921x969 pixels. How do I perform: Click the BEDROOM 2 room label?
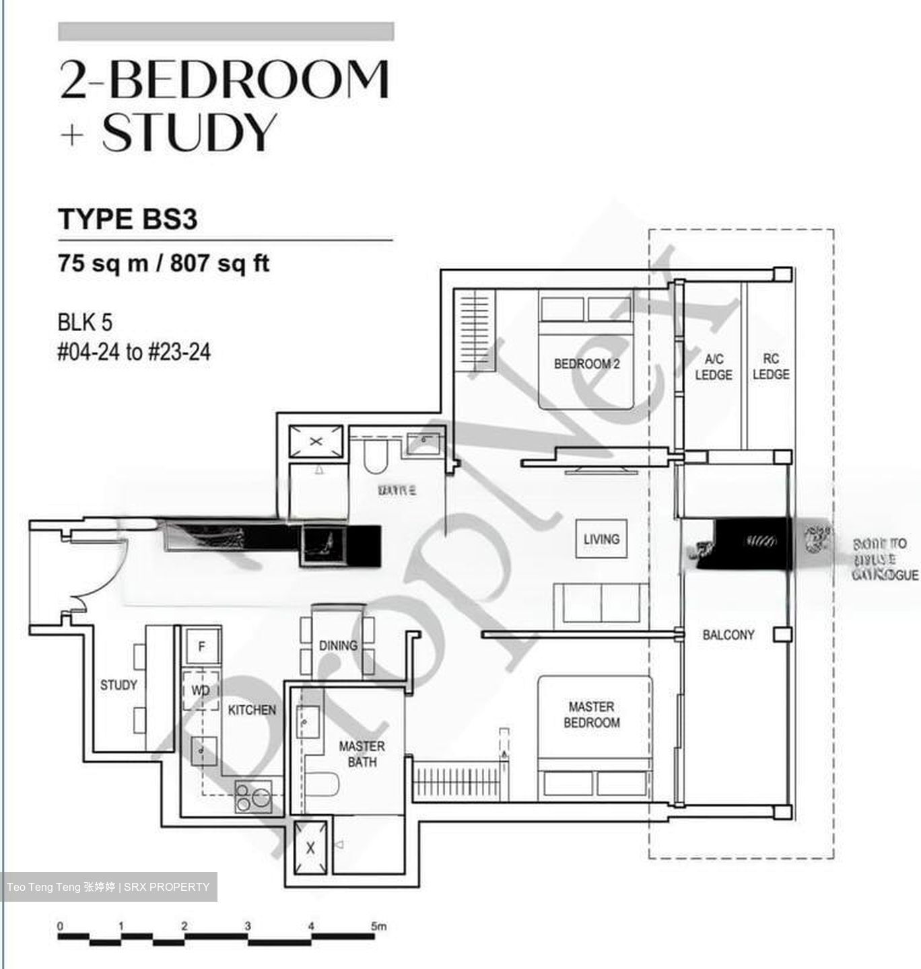586,364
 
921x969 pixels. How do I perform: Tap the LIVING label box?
601,538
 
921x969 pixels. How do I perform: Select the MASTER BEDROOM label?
591,715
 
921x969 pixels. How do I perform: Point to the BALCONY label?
728,635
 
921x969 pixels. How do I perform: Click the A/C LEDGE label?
713,367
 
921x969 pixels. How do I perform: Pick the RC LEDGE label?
771,367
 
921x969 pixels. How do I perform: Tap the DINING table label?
338,645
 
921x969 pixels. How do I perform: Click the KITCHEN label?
252,710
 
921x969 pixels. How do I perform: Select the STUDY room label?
118,685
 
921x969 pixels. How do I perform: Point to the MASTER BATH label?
362,754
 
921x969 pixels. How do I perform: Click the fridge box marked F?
201,647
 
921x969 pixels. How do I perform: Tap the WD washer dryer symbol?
201,690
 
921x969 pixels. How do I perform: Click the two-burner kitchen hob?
252,797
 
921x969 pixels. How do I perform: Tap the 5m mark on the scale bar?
379,927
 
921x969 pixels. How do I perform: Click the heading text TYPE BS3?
128,219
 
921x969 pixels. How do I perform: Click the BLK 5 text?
85,322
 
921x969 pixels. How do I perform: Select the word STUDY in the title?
189,132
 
